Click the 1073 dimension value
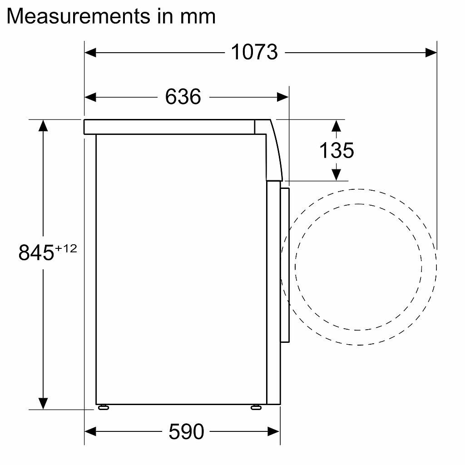click(254, 52)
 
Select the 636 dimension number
click(183, 97)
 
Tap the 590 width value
click(186, 431)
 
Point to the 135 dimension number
click(336, 150)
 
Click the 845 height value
click(36, 252)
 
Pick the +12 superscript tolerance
click(66, 248)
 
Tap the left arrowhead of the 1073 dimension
click(90, 53)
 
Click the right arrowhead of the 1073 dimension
click(431, 53)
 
